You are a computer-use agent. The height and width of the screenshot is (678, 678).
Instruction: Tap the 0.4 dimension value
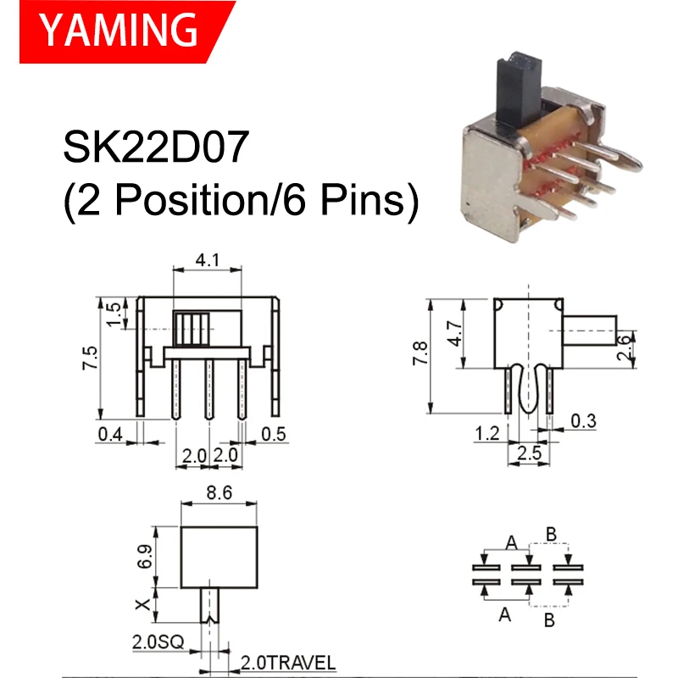[109, 435]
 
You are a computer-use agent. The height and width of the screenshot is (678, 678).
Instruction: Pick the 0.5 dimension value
[274, 435]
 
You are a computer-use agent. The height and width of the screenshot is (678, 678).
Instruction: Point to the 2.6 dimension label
[624, 347]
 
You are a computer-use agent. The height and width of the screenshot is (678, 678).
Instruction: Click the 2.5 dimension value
[528, 453]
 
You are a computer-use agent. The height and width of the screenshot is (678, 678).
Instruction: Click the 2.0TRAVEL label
[288, 662]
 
